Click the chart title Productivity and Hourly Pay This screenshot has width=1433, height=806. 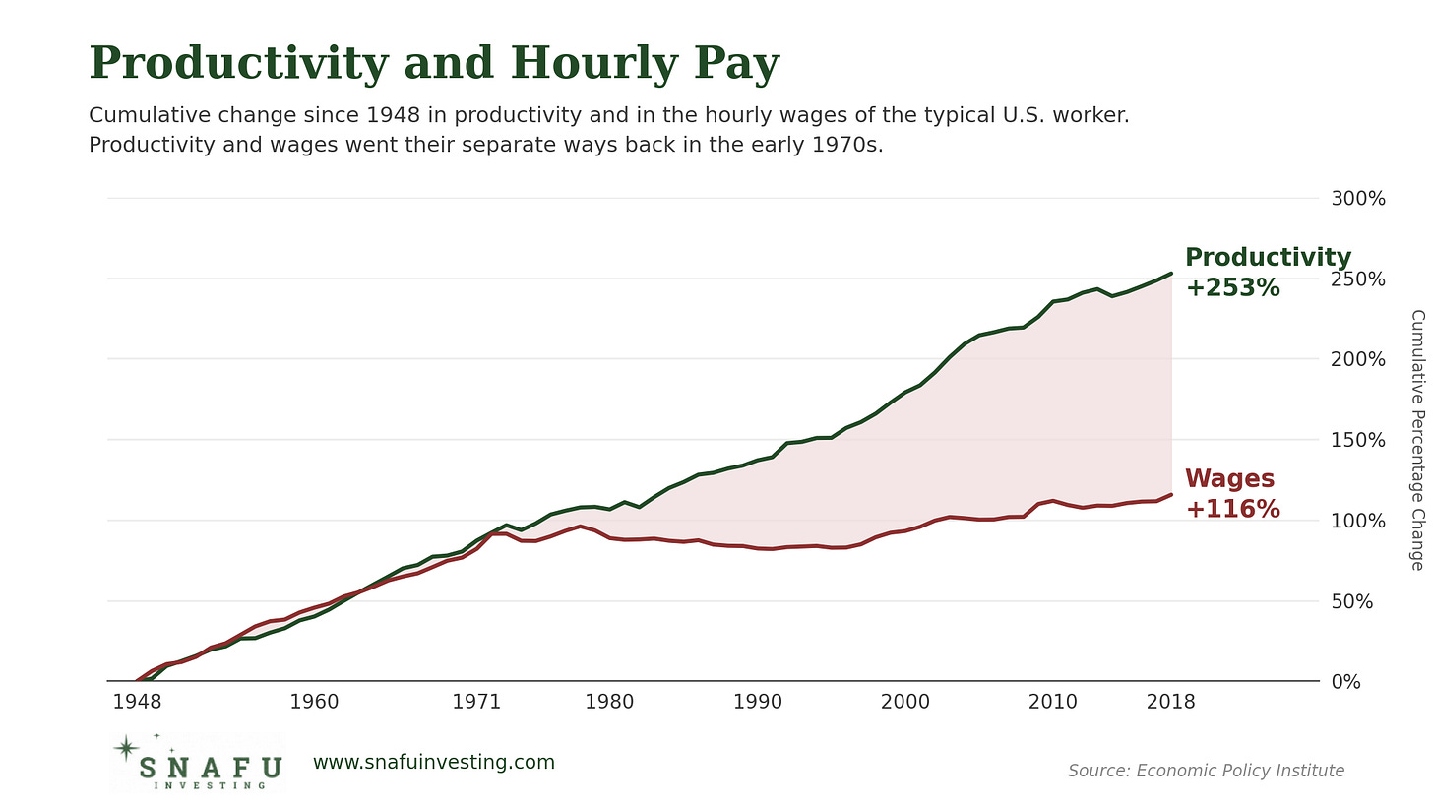[434, 64]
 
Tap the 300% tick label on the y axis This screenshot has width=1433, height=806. [1358, 199]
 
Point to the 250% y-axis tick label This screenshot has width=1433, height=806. [1358, 279]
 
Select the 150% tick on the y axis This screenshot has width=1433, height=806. [1358, 440]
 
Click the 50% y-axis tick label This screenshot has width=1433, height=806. [1351, 602]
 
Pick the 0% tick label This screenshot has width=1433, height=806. [1346, 682]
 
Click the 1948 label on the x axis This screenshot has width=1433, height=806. [137, 702]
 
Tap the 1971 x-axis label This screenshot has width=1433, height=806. [476, 702]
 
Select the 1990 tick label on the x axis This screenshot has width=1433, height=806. [758, 702]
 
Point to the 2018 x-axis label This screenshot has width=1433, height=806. [1171, 702]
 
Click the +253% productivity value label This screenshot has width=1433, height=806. [1233, 287]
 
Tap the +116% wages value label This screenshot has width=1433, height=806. [1233, 509]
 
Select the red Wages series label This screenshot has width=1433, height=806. [1229, 479]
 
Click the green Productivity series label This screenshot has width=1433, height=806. [1268, 257]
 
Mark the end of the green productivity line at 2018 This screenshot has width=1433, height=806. [1171, 274]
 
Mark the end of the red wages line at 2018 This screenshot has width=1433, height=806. [1171, 494]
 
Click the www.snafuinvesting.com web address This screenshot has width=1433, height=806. [434, 763]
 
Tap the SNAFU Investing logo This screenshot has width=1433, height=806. [196, 763]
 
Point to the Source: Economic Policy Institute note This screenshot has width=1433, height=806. [1206, 771]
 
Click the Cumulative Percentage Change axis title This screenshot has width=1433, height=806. [1417, 440]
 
